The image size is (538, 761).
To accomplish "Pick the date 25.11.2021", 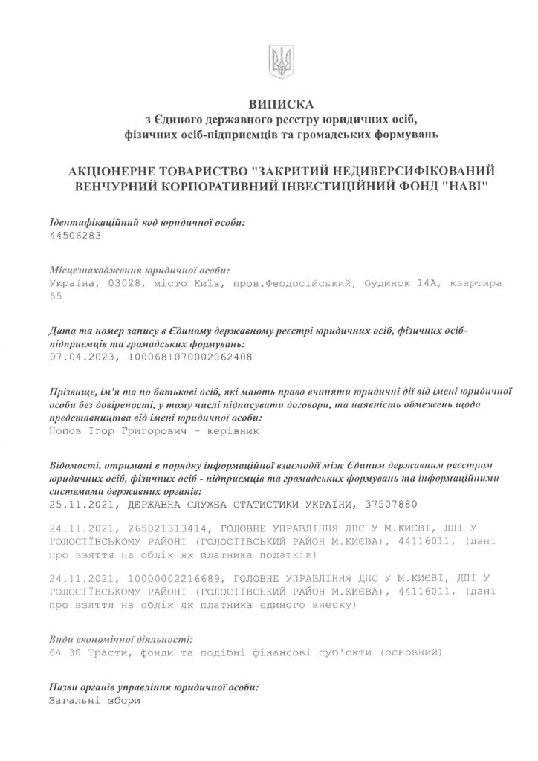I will click(79, 505).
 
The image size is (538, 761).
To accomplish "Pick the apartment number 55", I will click(54, 296).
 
